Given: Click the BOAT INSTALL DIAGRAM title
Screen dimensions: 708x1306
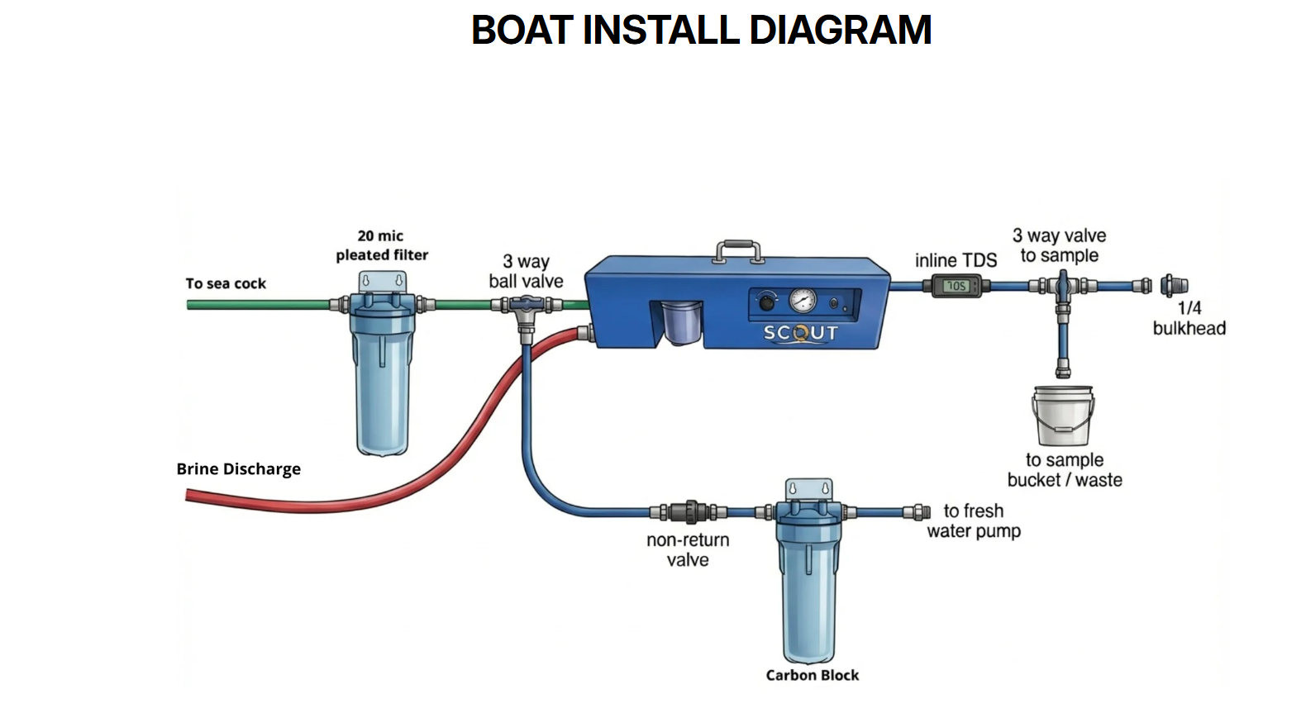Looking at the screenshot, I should tap(701, 31).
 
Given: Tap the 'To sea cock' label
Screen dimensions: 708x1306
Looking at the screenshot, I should tap(226, 283).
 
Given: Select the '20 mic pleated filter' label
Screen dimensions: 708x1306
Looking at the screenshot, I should tap(382, 245).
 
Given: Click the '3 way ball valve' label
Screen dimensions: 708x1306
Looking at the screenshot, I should tap(526, 271).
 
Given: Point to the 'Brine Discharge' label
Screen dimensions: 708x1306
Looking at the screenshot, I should tap(238, 469).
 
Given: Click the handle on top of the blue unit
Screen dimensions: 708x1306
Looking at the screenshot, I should tap(738, 249).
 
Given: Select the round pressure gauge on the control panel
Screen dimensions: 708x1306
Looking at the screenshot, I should tap(802, 300).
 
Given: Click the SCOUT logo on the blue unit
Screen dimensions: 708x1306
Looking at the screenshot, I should tap(800, 333).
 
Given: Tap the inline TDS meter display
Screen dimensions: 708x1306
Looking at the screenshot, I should tap(956, 286).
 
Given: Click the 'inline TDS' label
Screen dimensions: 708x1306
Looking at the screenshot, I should tap(956, 260).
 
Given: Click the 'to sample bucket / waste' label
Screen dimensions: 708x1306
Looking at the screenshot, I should tap(1065, 470).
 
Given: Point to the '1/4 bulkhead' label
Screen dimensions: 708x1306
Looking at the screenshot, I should tap(1189, 318).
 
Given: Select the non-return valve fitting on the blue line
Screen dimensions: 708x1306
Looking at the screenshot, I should tap(688, 512).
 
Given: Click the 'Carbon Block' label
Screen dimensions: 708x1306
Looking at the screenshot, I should tap(812, 675).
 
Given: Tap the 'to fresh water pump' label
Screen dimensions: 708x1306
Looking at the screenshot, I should tap(974, 520).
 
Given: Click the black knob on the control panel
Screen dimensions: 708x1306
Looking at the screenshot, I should tap(767, 302).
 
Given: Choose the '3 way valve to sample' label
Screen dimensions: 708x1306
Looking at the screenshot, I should tap(1059, 245).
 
